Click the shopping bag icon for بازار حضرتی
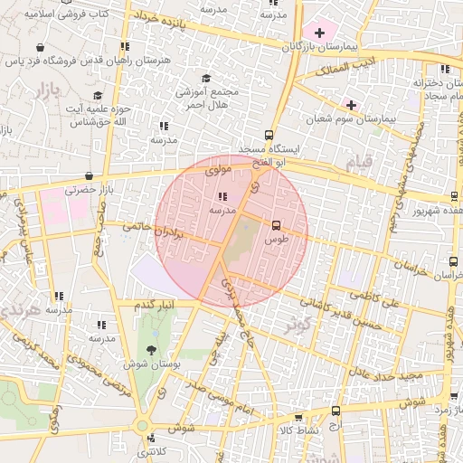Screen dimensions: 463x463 88,177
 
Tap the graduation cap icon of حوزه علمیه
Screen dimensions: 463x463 97,95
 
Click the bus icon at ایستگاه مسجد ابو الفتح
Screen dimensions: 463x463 269,134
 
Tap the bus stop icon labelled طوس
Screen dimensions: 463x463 276,226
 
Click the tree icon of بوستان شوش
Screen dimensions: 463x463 150,350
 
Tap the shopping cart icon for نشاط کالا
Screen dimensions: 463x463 298,418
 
